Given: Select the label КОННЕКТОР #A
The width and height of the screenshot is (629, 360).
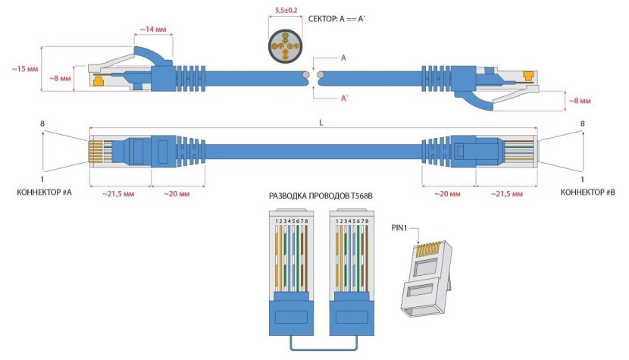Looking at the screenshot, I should pyautogui.click(x=44, y=193).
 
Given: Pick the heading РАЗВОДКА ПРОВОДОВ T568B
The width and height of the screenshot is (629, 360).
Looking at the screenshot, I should pyautogui.click(x=321, y=196).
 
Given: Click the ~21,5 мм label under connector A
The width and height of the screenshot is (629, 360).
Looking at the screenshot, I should pyautogui.click(x=120, y=195).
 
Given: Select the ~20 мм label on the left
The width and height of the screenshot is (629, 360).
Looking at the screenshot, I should pyautogui.click(x=176, y=195).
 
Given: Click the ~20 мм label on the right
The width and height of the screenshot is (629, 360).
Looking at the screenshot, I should pyautogui.click(x=449, y=195).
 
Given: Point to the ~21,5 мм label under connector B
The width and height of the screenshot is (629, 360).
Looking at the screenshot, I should pyautogui.click(x=505, y=195).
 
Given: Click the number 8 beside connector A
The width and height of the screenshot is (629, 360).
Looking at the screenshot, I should pyautogui.click(x=43, y=124).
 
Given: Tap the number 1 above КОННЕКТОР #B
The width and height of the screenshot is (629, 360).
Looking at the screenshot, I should pyautogui.click(x=582, y=180).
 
